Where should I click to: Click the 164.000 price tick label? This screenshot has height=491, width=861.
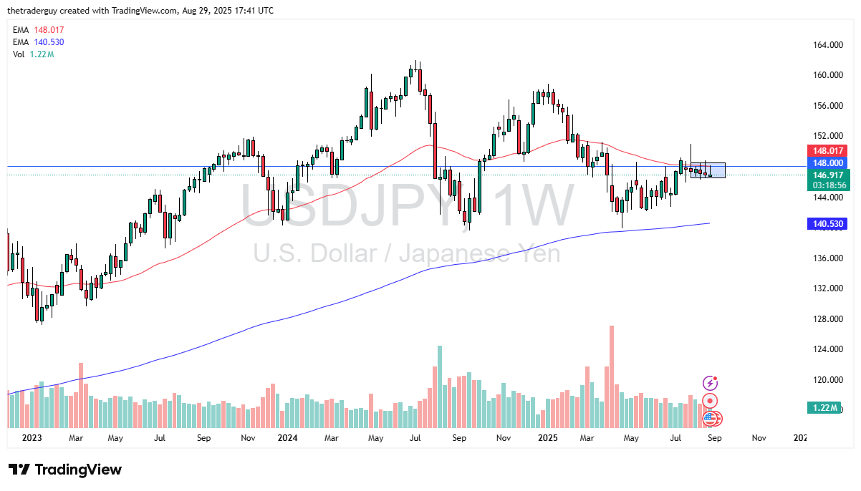(x=828, y=45)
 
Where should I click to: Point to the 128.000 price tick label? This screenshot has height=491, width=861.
(x=828, y=319)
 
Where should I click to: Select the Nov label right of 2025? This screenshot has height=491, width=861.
(x=759, y=437)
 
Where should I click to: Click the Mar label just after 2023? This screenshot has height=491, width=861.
(x=77, y=437)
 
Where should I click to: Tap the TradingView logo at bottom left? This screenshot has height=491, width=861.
(x=65, y=470)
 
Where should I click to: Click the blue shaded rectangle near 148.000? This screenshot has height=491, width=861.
(x=708, y=170)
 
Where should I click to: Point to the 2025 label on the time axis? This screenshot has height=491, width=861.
(x=549, y=437)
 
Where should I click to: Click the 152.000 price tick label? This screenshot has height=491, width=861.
(x=828, y=136)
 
